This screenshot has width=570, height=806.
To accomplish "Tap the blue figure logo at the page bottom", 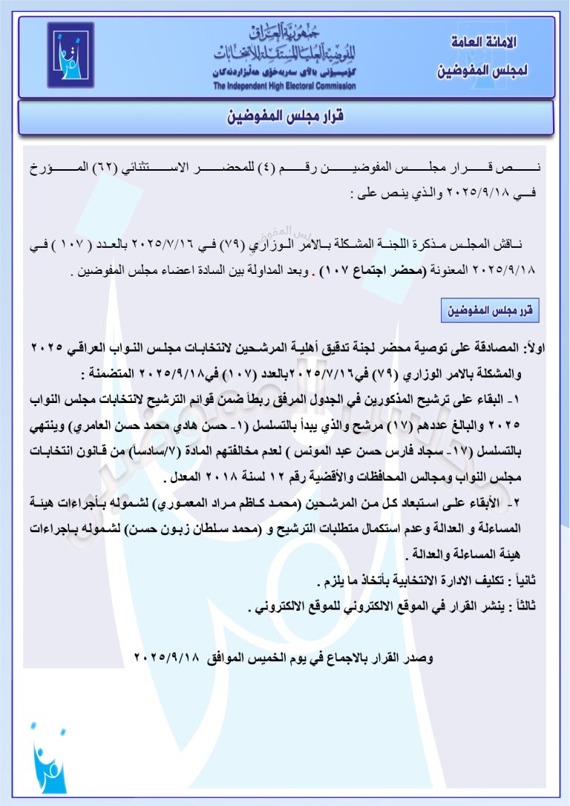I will pyautogui.click(x=49, y=760).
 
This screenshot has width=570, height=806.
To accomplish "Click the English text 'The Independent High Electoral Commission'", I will pyautogui.click(x=284, y=86).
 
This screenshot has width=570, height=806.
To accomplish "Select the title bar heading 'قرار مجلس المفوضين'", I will pyautogui.click(x=286, y=117).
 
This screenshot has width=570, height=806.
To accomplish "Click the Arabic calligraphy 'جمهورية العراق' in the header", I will pyautogui.click(x=284, y=33).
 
